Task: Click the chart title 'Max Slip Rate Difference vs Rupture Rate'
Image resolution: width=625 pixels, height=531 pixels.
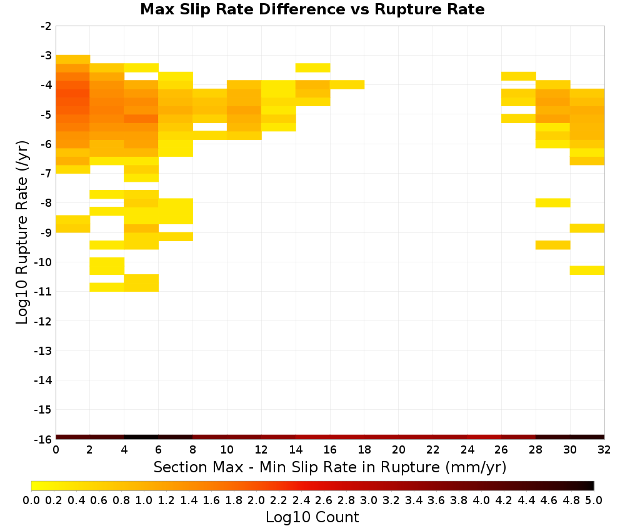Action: pos(312,9)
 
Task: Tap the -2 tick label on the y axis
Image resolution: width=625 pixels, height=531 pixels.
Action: pos(46,26)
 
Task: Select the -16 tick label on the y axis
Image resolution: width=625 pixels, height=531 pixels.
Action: pos(43,439)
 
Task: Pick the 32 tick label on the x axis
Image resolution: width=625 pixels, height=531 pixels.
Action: pos(604,450)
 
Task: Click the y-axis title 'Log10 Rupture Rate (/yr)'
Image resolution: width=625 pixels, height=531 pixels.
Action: pos(22,232)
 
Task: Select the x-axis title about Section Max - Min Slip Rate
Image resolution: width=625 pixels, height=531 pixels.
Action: pos(329,467)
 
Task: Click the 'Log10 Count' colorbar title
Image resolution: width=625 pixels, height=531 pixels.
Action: pos(312,517)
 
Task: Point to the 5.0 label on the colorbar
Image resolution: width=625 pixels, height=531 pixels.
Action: pos(594,500)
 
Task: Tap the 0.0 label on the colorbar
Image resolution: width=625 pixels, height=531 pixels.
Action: pos(31,500)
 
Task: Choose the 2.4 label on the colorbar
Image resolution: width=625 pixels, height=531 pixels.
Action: pos(301,500)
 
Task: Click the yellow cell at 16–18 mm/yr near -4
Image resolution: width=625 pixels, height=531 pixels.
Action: pos(347,85)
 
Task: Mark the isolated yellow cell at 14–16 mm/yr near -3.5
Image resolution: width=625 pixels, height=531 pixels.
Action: pos(313,67)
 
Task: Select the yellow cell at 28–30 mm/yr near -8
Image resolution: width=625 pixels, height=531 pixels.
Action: pos(553,203)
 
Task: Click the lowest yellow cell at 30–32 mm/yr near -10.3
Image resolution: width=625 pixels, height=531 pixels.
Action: pos(587,270)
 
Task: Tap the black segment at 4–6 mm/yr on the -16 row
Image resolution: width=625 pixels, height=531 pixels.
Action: pos(141,437)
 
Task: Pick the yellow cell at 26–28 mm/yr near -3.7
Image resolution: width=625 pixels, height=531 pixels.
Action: pos(519,76)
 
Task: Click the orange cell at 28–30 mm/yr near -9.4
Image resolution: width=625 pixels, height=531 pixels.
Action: pos(553,245)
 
